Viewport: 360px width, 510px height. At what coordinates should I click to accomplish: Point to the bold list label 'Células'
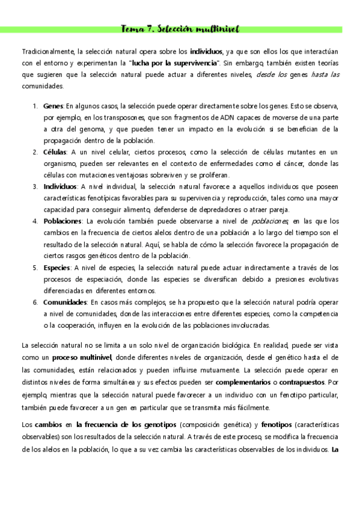(55, 152)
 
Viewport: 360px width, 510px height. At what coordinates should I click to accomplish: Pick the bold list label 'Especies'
(58, 268)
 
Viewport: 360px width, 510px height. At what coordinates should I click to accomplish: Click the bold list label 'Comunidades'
(66, 302)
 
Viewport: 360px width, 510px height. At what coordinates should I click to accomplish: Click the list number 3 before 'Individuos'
(35, 187)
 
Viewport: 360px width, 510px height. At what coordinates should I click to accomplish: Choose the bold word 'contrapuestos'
(303, 381)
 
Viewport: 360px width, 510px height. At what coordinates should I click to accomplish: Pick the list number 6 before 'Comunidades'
(35, 302)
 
